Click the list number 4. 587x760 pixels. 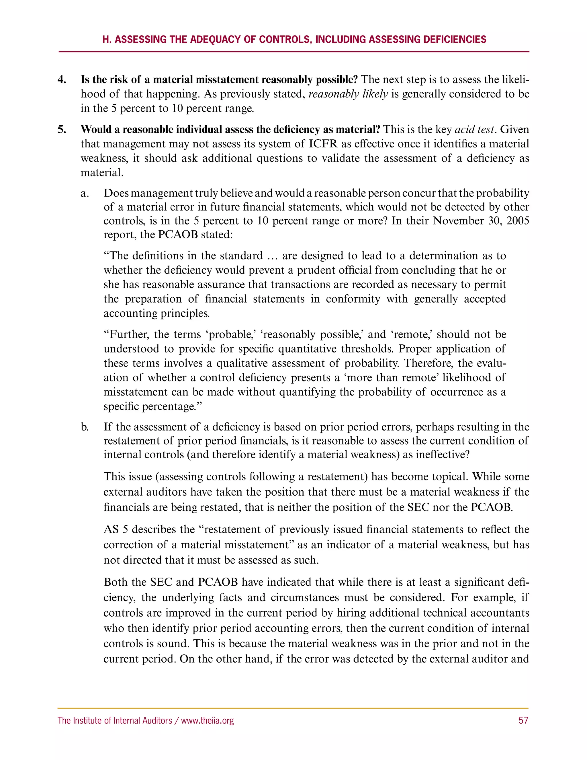click(62, 80)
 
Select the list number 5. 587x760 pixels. click(62, 129)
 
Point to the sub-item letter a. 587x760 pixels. click(85, 193)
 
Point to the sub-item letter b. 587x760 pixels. click(85, 427)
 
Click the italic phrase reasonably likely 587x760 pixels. click(348, 94)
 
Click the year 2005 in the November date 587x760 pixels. click(517, 221)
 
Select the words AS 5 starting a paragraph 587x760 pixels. click(116, 529)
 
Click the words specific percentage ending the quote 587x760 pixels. click(150, 406)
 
